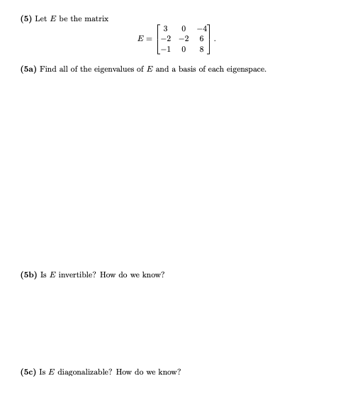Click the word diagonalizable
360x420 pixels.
click(x=81, y=371)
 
